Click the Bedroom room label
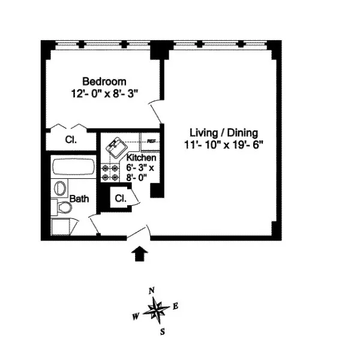pos(104,82)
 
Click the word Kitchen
pos(142,158)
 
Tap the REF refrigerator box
pos(151,142)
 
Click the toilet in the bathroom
pos(64,208)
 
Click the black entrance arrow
pos(139,254)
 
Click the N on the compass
pos(152,291)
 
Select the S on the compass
pos(162,331)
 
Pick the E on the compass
pos(176,306)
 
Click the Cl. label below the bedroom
pos(70,140)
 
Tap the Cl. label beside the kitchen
pos(120,198)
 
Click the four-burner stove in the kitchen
pos(112,173)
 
